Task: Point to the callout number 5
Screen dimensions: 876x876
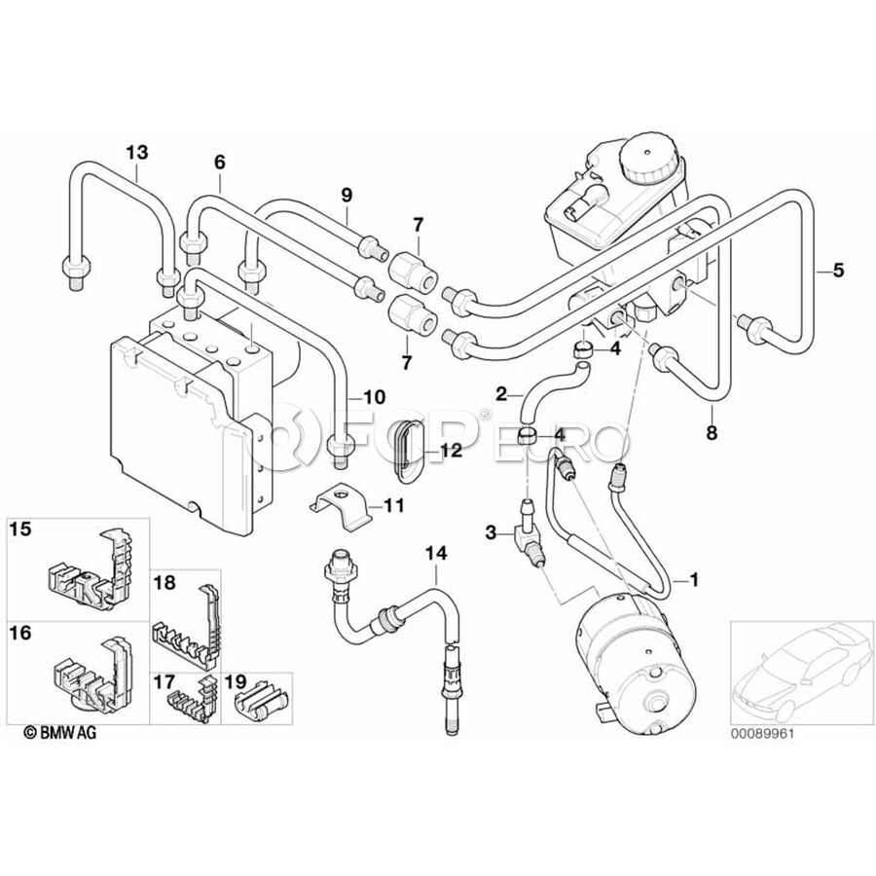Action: (x=837, y=272)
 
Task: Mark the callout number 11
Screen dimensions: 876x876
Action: (x=393, y=506)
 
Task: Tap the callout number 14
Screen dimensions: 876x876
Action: (x=435, y=555)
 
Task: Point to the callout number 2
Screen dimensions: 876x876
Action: (x=502, y=394)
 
